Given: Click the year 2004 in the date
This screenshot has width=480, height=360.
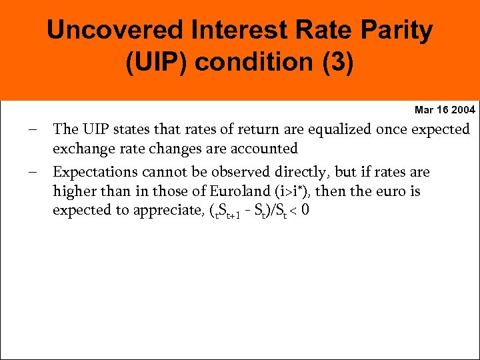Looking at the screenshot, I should (x=463, y=109).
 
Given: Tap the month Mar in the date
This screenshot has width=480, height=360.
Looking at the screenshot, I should (x=424, y=109).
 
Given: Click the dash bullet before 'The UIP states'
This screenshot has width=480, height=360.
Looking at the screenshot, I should (x=33, y=129).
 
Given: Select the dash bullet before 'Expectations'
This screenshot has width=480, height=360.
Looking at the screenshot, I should (x=33, y=171).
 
